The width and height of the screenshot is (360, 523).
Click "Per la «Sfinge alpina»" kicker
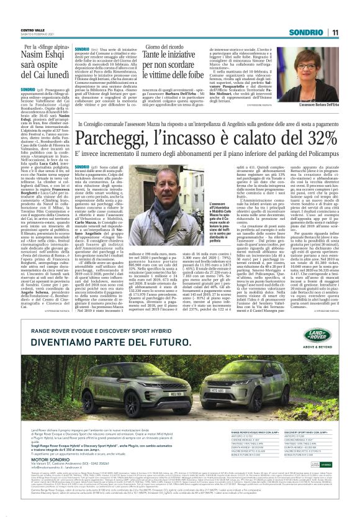[x=35, y=47]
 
